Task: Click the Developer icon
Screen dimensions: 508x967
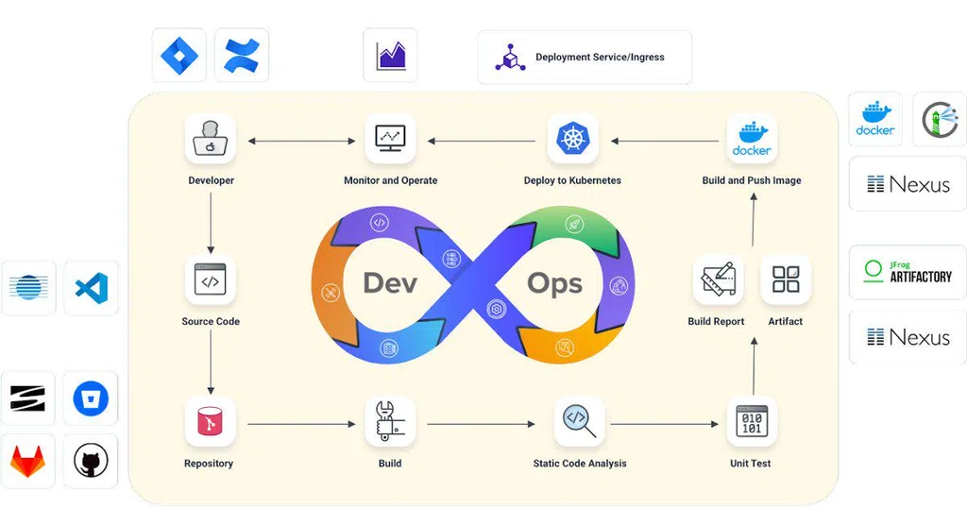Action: (211, 140)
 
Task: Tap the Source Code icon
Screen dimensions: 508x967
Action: (211, 279)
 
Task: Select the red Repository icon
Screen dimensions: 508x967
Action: (210, 422)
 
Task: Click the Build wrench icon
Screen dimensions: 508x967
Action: (390, 422)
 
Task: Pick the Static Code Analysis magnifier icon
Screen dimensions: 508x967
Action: (579, 421)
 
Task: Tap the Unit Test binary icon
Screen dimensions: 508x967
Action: (752, 421)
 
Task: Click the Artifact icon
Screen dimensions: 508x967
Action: (785, 279)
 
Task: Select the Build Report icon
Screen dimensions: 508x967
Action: (717, 279)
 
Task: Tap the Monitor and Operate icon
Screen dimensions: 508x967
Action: (390, 140)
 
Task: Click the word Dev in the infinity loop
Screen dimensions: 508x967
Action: (390, 282)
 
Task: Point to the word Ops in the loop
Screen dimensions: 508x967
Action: (554, 282)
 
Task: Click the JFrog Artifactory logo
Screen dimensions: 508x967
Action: (908, 271)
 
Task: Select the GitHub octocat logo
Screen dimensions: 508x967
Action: (91, 461)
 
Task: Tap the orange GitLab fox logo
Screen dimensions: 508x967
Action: (27, 461)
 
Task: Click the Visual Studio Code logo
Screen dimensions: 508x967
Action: (91, 288)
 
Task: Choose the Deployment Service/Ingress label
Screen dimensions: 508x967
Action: (599, 58)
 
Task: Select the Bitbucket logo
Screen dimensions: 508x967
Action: (91, 398)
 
